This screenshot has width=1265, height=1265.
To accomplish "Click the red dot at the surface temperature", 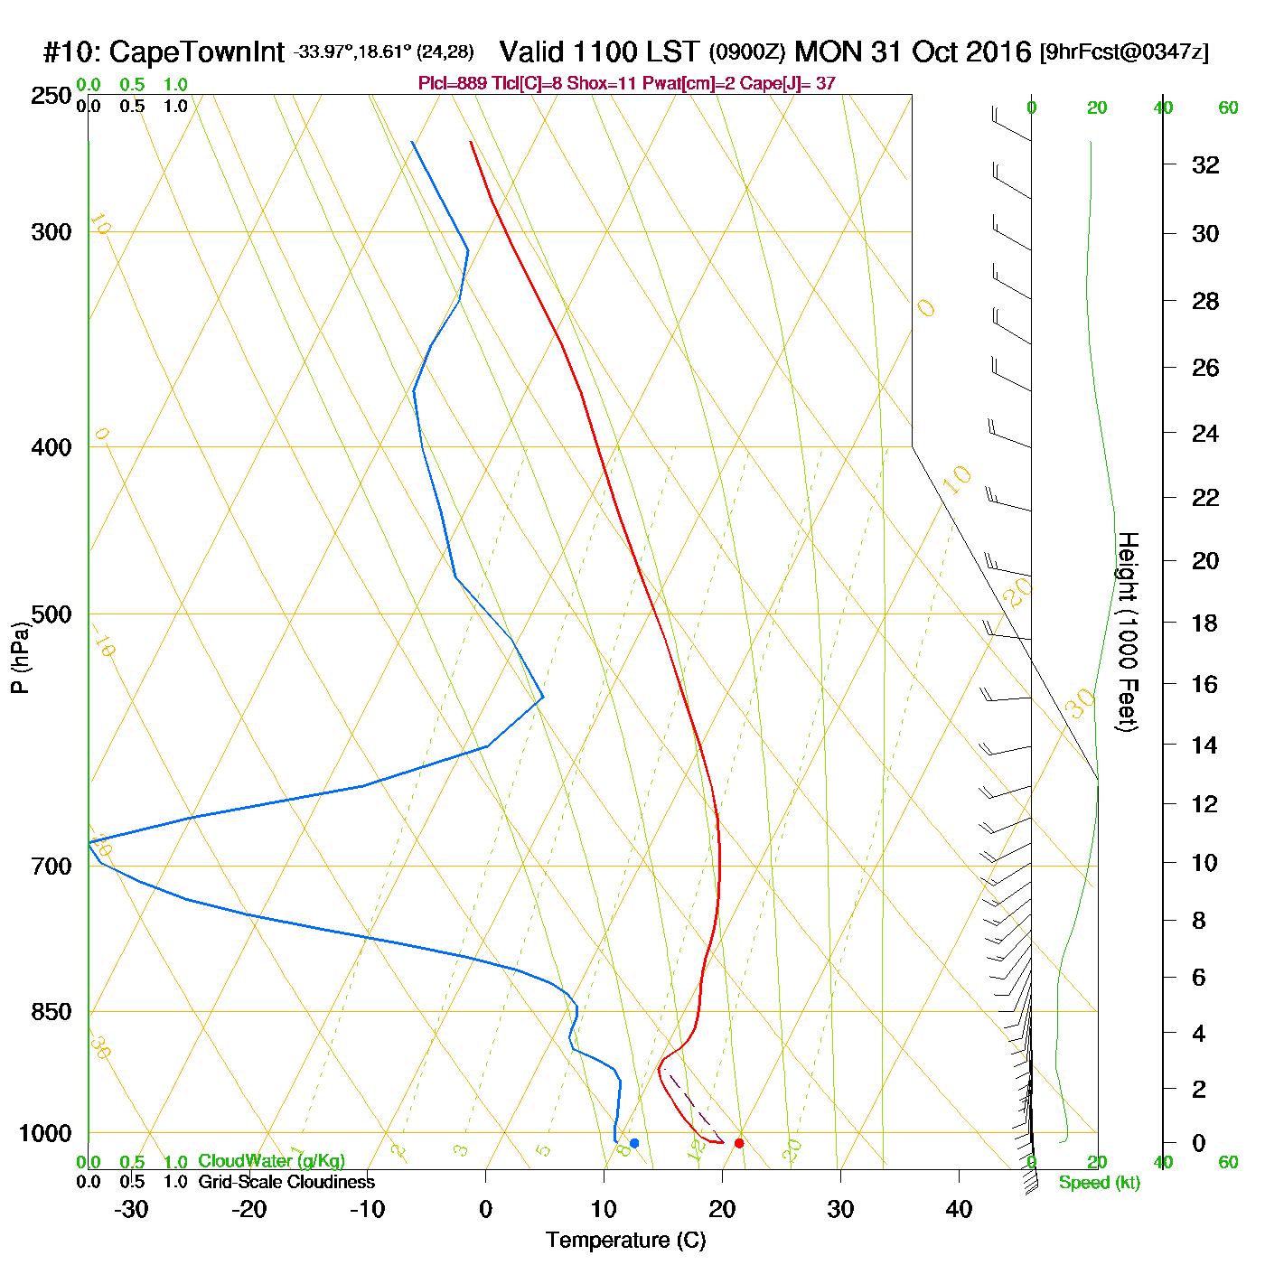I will tap(739, 1143).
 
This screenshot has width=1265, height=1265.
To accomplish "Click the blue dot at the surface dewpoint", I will tap(634, 1143).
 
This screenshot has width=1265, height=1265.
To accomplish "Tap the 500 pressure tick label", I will tap(52, 614).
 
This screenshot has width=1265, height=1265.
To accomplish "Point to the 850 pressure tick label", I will tap(52, 1012).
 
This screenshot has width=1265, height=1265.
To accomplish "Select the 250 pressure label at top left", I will tap(52, 96).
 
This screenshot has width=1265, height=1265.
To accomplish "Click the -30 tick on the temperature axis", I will tap(131, 1209).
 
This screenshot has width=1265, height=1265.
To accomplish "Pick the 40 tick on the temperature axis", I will tap(959, 1209).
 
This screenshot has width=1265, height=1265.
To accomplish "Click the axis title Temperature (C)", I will tap(625, 1241).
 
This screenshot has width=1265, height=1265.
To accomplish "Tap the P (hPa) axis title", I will tap(20, 658).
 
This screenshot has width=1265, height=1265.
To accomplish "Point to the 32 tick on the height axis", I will tap(1205, 164).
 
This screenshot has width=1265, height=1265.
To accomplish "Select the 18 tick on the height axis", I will tap(1205, 623).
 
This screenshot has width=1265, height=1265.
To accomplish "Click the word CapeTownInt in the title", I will tap(197, 52).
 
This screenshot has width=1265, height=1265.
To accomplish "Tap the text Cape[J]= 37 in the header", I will tap(788, 84).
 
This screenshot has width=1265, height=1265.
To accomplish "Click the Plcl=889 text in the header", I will tap(453, 84).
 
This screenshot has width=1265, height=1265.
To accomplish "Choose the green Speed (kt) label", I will tap(1100, 1183).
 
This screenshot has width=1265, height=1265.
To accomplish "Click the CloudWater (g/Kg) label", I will tap(271, 1161).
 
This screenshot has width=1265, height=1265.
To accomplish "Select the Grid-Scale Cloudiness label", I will tap(286, 1182).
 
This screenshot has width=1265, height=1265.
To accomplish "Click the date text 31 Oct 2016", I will tap(951, 52).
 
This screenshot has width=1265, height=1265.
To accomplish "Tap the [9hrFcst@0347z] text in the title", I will tap(1124, 52).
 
